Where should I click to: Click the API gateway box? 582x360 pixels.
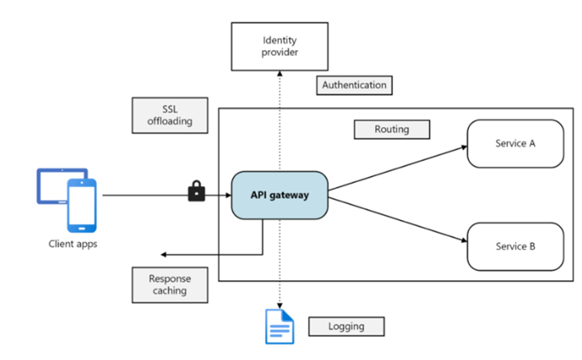point(280,195)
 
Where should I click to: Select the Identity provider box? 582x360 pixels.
point(280,46)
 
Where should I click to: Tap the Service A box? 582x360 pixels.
point(515,144)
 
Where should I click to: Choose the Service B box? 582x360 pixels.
point(515,246)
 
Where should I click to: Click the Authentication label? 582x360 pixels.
point(354,85)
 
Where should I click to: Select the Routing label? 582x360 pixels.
point(391,129)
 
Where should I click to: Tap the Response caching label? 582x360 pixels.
point(170,285)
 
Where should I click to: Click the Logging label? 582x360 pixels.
point(346,326)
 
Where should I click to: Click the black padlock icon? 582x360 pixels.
point(197,192)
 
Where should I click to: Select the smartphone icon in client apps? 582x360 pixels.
point(81,205)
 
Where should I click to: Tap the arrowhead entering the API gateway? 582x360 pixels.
point(228,195)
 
